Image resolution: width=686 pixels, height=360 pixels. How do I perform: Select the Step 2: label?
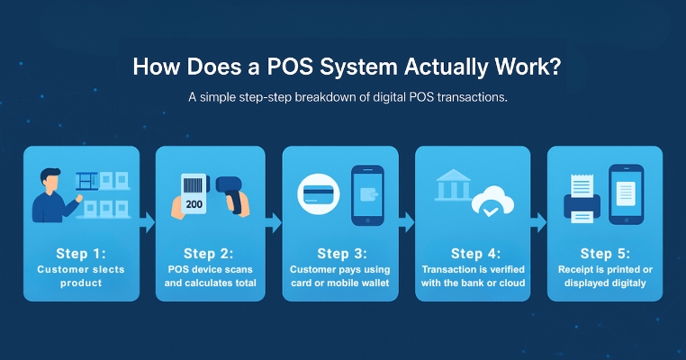coord(210,253)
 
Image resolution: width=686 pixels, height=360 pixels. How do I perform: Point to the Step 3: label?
coord(342,253)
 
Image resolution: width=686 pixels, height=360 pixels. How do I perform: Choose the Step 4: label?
coord(474,253)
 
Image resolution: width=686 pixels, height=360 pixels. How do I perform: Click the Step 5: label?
coord(606,253)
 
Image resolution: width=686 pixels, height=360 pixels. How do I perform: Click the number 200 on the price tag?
coord(194,203)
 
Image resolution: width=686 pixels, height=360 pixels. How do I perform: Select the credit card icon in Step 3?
coord(316,193)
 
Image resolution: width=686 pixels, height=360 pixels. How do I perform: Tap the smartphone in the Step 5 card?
coord(627,193)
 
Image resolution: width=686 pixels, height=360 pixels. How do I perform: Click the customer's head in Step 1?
coord(50,179)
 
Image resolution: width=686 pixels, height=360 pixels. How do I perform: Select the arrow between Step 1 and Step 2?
coord(147,220)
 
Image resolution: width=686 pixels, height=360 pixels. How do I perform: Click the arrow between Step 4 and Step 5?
coord(538,220)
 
